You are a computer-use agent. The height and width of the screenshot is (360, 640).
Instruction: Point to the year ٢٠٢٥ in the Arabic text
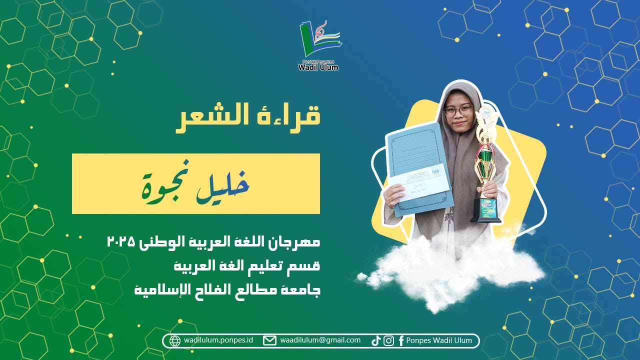[121, 242]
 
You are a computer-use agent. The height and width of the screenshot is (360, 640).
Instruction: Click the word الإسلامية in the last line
[156, 289]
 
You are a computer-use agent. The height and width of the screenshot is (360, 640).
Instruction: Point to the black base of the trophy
[485, 218]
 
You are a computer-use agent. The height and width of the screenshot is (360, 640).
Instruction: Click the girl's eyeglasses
[458, 110]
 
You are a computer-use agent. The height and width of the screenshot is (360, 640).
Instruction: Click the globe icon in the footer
[175, 341]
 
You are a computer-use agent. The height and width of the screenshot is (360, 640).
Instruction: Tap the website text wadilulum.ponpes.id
[218, 340]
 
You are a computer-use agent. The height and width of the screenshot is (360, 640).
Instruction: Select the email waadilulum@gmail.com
[320, 340]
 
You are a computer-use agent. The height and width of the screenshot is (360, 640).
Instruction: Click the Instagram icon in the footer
[388, 341]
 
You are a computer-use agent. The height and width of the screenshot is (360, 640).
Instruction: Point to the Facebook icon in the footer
[400, 341]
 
